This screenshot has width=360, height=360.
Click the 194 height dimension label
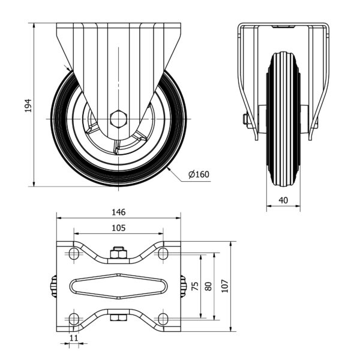click(x=28, y=106)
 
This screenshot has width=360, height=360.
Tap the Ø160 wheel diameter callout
click(x=199, y=175)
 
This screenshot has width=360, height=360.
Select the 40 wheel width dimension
click(x=283, y=200)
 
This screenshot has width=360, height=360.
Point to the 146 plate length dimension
click(x=119, y=212)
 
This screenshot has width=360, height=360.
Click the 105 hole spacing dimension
click(x=119, y=228)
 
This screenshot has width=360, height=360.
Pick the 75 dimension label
click(x=195, y=286)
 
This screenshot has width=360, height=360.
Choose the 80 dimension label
click(x=208, y=286)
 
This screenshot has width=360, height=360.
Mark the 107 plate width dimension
click(x=225, y=286)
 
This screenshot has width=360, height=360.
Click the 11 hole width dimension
click(x=74, y=338)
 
